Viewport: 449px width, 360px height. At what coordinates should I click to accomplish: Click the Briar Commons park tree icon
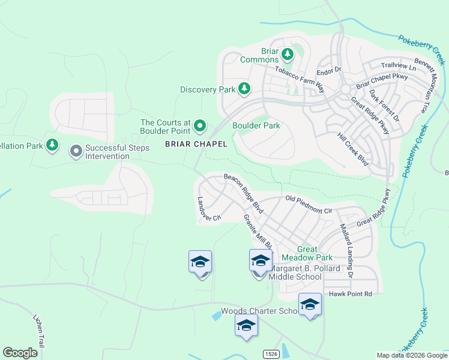click(x=288, y=55)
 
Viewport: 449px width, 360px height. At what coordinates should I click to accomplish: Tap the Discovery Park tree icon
click(x=244, y=89)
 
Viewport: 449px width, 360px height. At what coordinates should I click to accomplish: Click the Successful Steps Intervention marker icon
click(x=76, y=151)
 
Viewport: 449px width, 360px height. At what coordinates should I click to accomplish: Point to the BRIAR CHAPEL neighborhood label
click(x=196, y=144)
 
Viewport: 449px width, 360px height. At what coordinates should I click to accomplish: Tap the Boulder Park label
click(x=256, y=126)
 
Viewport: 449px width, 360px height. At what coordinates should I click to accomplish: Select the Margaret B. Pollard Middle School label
click(x=296, y=272)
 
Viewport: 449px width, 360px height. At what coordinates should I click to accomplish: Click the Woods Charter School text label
click(x=259, y=311)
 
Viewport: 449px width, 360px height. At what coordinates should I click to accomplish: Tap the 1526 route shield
click(x=271, y=354)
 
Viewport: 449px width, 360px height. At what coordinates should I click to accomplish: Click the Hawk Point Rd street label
click(x=351, y=293)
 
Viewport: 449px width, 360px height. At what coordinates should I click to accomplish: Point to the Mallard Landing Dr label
click(x=346, y=251)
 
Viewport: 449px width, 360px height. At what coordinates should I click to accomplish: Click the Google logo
click(x=20, y=353)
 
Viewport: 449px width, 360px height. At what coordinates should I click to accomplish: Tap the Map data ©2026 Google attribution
click(x=412, y=355)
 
